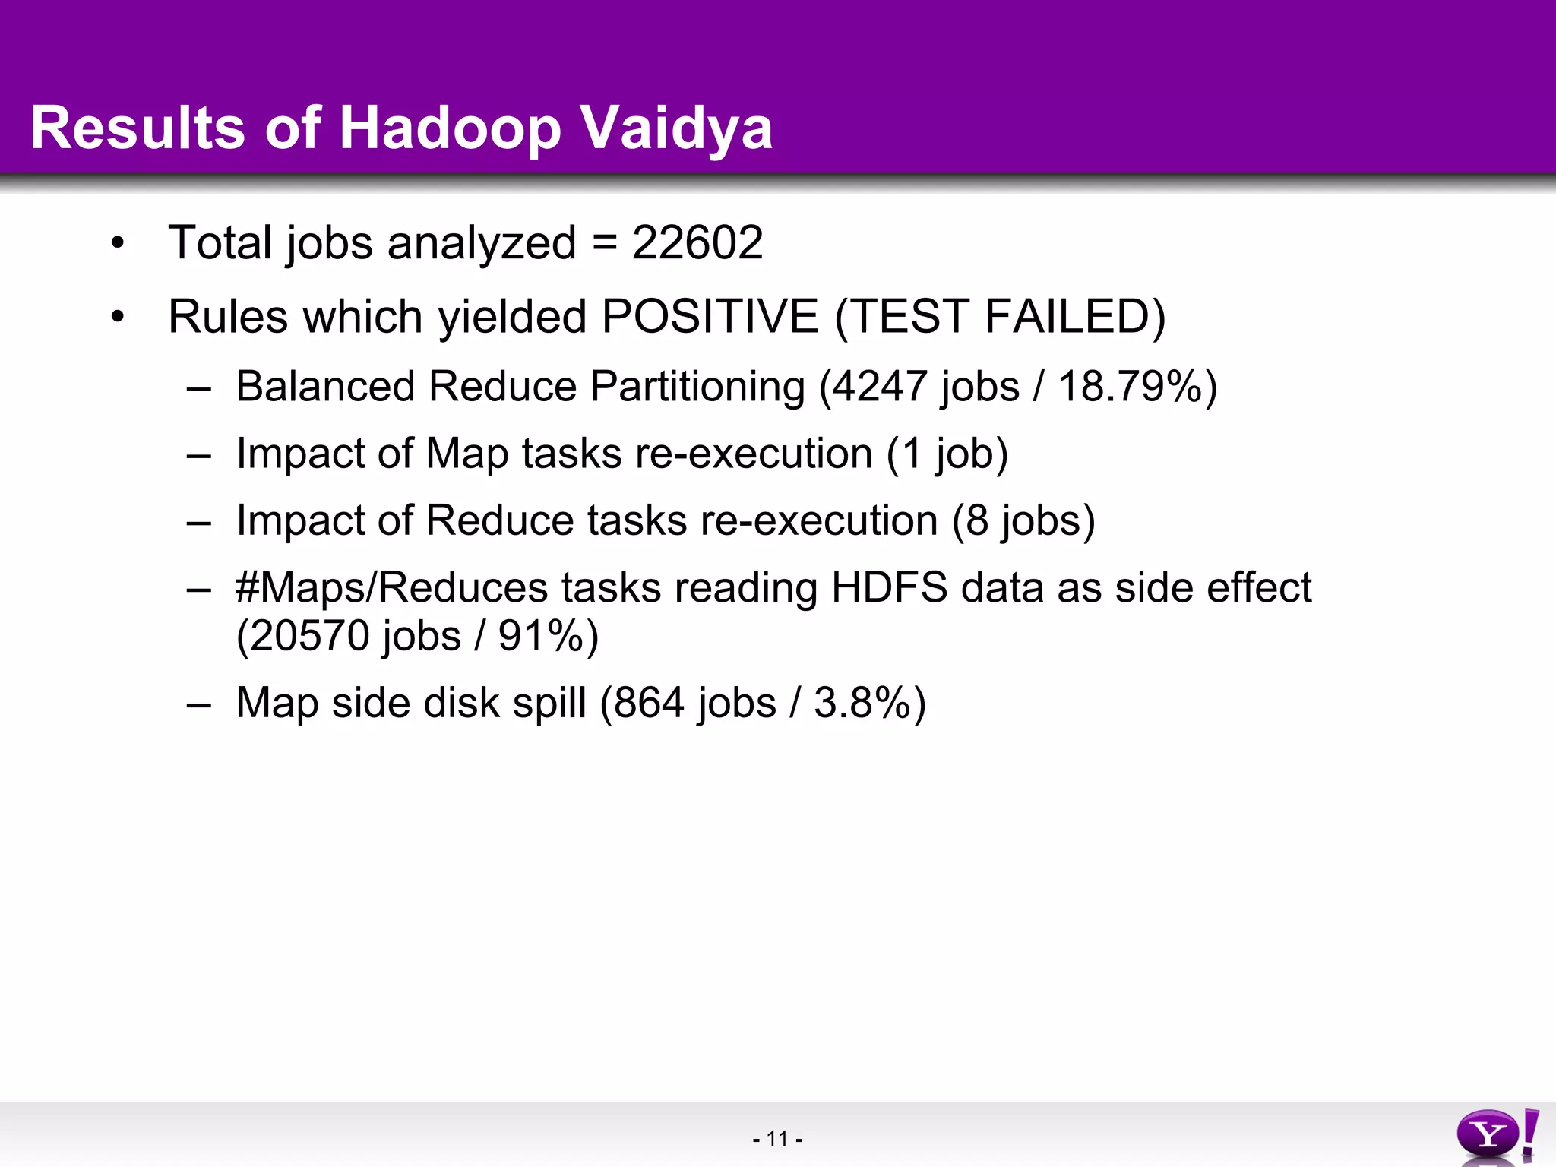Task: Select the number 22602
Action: click(x=697, y=243)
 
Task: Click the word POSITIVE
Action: click(x=710, y=316)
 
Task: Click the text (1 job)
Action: click(x=947, y=454)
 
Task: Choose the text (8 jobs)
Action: click(x=1023, y=521)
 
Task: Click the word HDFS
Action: click(x=889, y=588)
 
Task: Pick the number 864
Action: click(x=649, y=703)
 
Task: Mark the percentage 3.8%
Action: click(x=862, y=703)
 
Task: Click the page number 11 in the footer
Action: click(x=777, y=1139)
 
